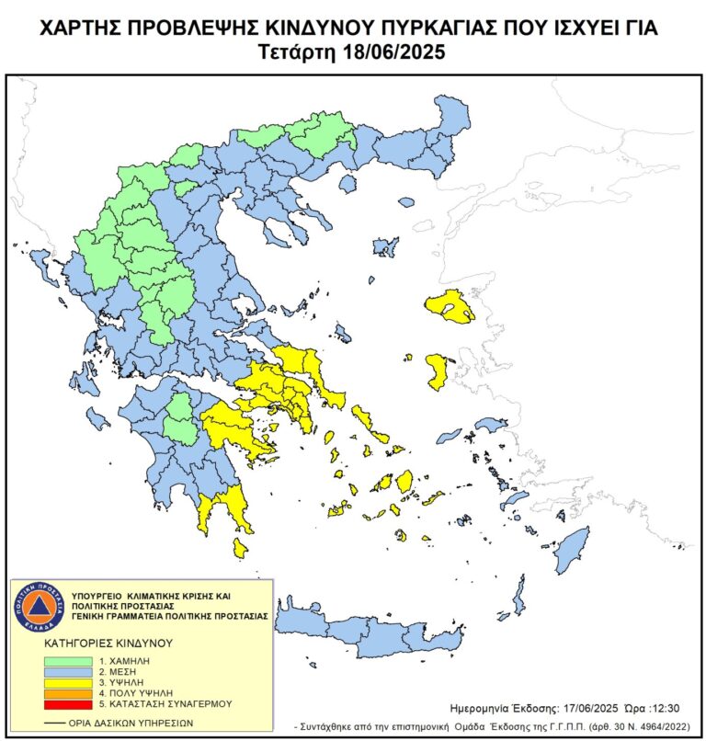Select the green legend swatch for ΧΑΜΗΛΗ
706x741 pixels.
click(67, 660)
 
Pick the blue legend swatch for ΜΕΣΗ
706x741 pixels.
click(67, 671)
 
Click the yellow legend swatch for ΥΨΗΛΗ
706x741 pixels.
click(67, 682)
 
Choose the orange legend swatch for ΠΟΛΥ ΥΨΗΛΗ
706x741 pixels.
click(67, 692)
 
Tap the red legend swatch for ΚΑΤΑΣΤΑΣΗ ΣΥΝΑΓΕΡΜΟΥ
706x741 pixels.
click(67, 703)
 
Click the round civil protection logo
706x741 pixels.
click(40, 608)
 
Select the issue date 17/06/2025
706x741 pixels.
click(591, 709)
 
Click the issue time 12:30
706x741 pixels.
click(662, 709)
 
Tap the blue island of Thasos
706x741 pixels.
click(347, 185)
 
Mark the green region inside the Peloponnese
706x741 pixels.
click(181, 418)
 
